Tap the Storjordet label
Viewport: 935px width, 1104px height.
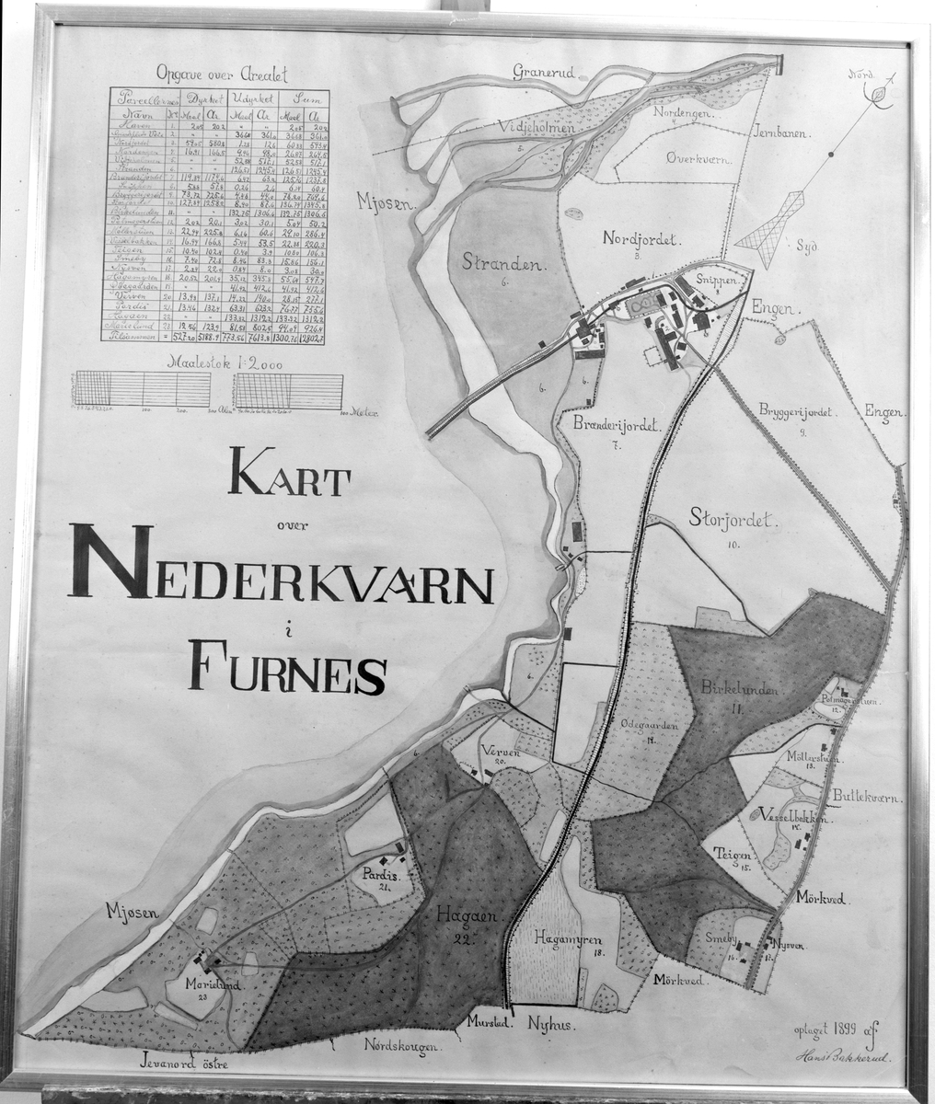coord(732,521)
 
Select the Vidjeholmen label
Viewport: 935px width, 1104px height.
coord(537,129)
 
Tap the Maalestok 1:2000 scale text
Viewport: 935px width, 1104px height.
coord(213,362)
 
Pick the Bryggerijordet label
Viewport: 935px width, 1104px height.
coord(794,413)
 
